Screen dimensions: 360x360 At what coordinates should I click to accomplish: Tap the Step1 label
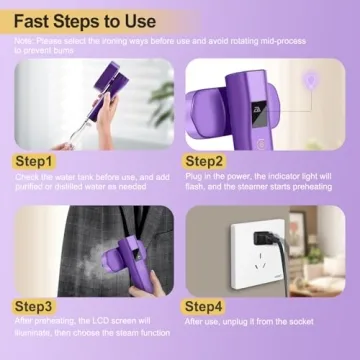pyautogui.click(x=36, y=160)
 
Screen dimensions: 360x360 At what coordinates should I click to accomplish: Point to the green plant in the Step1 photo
pyautogui.click(x=160, y=100)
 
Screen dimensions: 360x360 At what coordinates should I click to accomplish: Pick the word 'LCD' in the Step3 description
pyautogui.click(x=90, y=322)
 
